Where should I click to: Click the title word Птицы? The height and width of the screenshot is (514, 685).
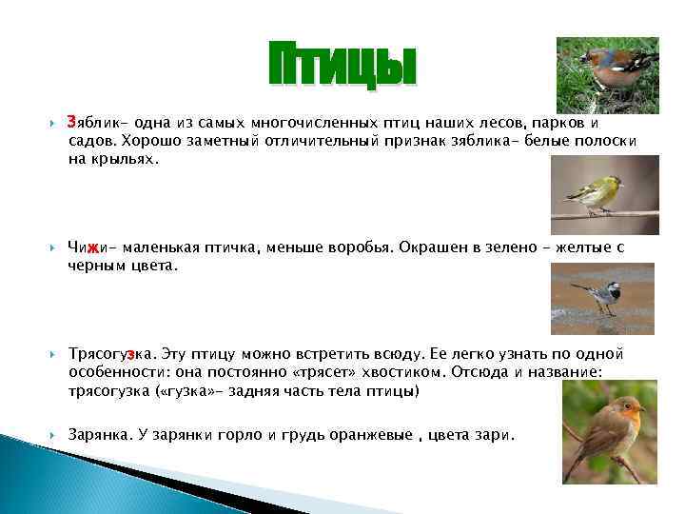[342, 68]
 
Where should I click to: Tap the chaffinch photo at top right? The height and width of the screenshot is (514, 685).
[608, 71]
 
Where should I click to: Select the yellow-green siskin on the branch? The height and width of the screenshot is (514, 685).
[597, 195]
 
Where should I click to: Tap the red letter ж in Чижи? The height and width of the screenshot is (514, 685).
[92, 248]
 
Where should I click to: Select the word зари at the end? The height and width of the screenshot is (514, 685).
[492, 434]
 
